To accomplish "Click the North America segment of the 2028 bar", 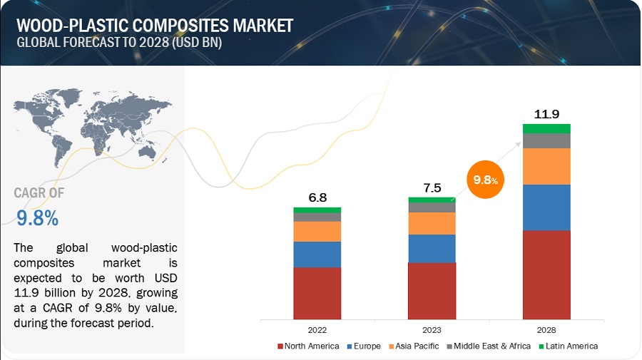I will pyautogui.click(x=546, y=274).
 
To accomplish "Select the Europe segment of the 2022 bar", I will pyautogui.click(x=317, y=254).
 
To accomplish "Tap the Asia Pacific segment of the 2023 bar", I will pyautogui.click(x=432, y=223).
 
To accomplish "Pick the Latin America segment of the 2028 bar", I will pyautogui.click(x=546, y=128).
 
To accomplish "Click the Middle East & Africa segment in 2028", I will pyautogui.click(x=546, y=140).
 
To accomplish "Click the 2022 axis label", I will pyautogui.click(x=317, y=330).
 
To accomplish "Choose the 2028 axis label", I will pyautogui.click(x=546, y=330).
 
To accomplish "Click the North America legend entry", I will pyautogui.click(x=308, y=346).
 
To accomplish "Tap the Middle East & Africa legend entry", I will pyautogui.click(x=489, y=346).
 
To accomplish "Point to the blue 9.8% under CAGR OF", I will pyautogui.click(x=36, y=218).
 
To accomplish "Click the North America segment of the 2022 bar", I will pyautogui.click(x=317, y=292).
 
